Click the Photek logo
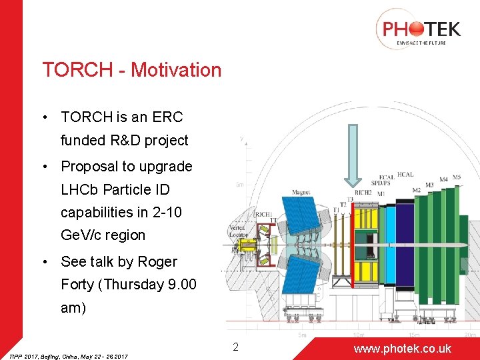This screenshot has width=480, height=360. [418, 29]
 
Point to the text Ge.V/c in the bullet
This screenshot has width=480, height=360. [83, 235]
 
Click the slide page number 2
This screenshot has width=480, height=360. [235, 347]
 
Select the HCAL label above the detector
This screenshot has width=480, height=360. [405, 175]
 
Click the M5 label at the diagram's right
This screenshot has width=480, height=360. [456, 177]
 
